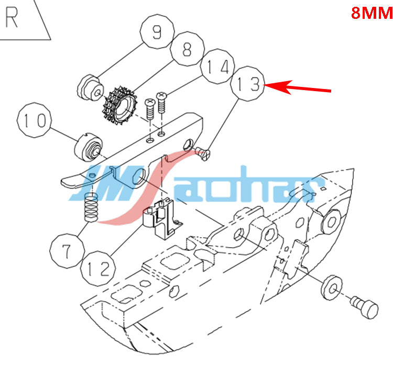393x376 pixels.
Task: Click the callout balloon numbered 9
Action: point(157,31)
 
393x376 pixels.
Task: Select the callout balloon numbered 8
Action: point(187,49)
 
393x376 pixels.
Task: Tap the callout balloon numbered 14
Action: point(217,67)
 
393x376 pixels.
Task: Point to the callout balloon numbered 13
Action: point(248,84)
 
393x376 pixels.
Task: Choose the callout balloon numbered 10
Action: point(35,120)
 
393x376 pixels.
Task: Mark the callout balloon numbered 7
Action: point(67,251)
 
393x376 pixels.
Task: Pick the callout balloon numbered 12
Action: point(98,268)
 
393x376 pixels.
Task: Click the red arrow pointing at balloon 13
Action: point(298,87)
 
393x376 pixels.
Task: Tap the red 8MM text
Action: point(372,13)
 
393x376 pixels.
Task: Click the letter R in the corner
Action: point(12,17)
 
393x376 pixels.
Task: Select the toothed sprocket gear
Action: point(121,106)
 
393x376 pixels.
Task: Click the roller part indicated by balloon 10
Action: point(89,148)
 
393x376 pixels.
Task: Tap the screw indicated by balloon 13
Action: point(202,153)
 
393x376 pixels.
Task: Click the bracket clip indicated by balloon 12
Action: point(162,218)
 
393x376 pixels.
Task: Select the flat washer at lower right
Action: point(331,287)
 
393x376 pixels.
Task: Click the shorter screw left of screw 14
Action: point(150,109)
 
